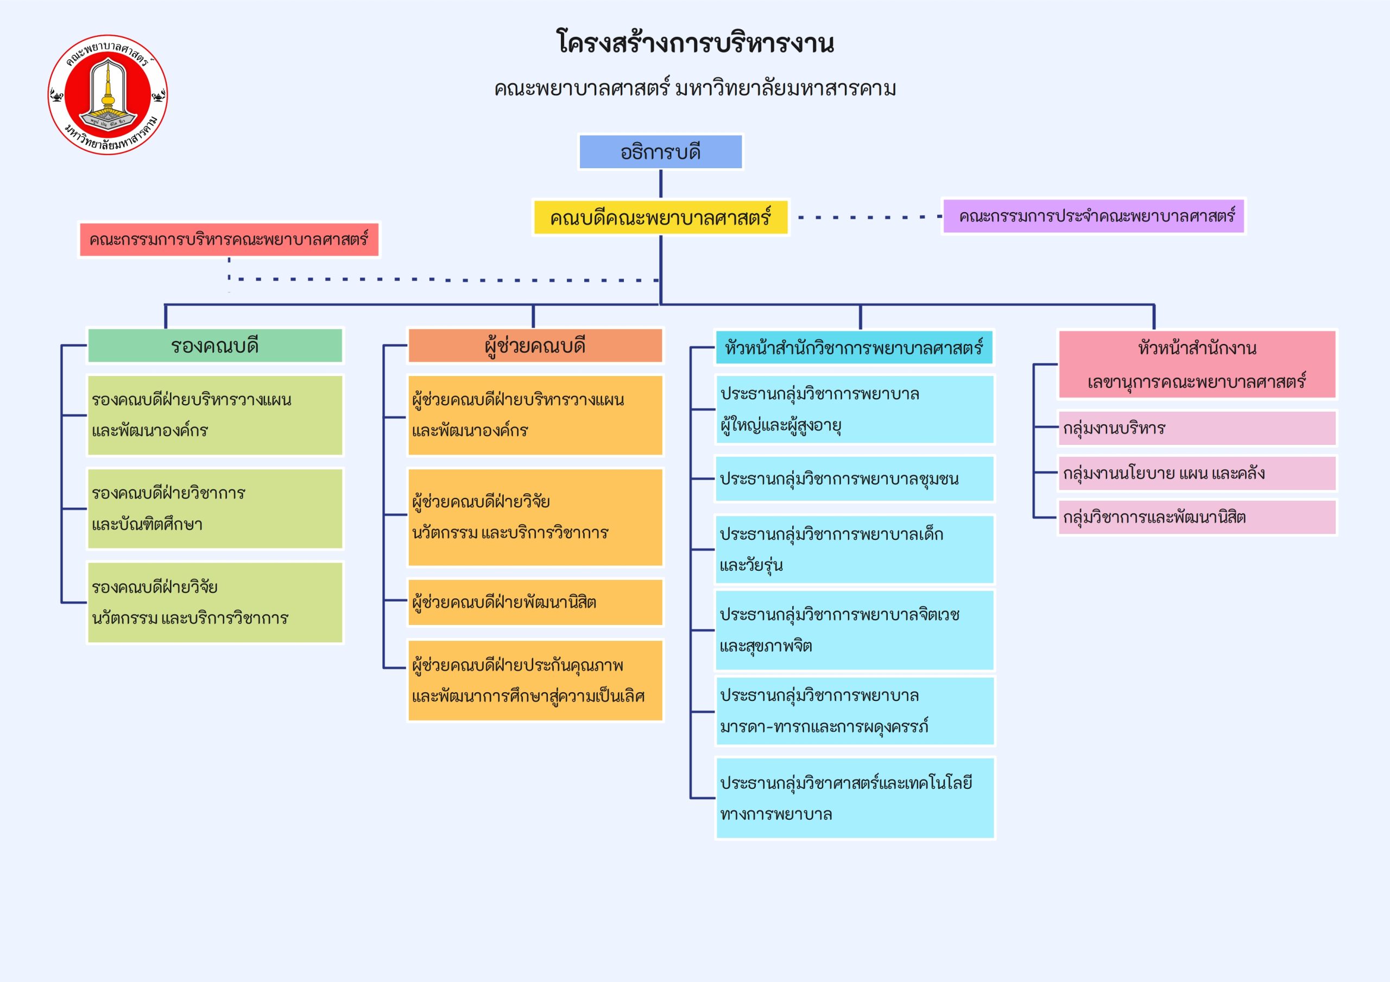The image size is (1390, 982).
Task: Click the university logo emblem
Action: tap(108, 94)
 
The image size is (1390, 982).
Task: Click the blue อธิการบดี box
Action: tap(660, 152)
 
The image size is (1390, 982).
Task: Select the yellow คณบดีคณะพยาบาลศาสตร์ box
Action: tap(660, 217)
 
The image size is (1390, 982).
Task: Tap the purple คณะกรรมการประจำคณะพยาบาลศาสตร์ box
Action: tap(1094, 216)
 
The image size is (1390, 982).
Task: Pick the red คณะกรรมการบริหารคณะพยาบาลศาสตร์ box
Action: tap(229, 240)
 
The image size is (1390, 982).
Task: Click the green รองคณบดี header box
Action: tap(215, 346)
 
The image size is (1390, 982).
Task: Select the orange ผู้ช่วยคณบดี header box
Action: tap(535, 346)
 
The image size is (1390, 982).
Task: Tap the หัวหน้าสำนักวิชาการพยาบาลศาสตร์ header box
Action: tap(854, 348)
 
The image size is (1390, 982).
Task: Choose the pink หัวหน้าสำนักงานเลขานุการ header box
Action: tap(1196, 364)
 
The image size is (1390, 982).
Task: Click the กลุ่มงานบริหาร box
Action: tap(1196, 429)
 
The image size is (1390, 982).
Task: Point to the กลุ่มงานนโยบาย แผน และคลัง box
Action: tap(1196, 473)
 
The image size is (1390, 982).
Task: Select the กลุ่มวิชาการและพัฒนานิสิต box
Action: tap(1196, 518)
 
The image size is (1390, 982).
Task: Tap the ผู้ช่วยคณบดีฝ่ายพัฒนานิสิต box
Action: tap(535, 602)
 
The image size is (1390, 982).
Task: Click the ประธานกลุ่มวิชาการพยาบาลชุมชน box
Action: tap(854, 479)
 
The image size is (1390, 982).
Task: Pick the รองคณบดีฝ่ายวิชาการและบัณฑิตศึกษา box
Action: tap(215, 509)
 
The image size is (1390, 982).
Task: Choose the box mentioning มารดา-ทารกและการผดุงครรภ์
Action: tap(854, 711)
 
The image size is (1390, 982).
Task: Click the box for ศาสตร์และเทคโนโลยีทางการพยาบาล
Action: tap(854, 798)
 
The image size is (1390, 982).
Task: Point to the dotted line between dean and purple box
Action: tap(869, 216)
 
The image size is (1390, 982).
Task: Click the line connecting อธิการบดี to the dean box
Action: tap(660, 184)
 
